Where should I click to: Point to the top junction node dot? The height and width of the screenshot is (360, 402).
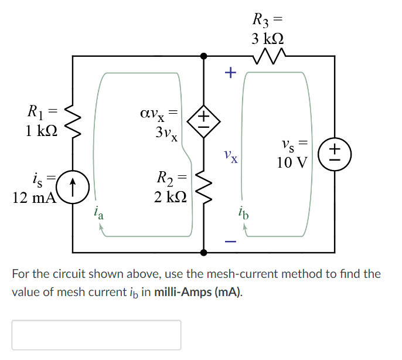point(203,56)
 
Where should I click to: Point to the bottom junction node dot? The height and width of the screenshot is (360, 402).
point(203,252)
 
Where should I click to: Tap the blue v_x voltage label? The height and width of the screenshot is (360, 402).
point(230,157)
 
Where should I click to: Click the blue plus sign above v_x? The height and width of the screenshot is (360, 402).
point(230,73)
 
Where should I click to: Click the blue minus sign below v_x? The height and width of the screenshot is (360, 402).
point(230,240)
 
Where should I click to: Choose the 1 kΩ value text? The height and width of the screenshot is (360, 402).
point(41,130)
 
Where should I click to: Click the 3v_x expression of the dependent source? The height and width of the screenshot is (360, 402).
point(166,134)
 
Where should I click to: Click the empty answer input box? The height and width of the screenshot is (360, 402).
point(96,335)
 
